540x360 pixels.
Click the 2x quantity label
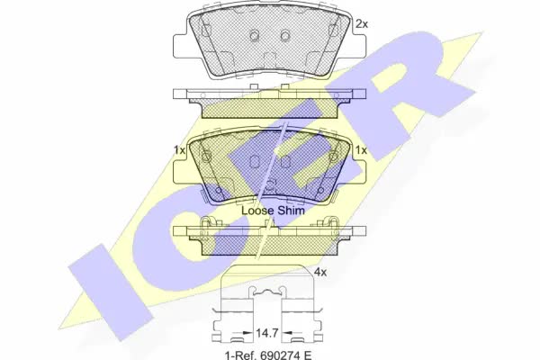362,24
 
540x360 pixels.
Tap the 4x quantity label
320,272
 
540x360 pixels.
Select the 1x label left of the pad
179,150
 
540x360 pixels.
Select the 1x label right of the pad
361,150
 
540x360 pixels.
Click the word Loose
256,211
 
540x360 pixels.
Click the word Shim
291,211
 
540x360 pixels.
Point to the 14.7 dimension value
266,333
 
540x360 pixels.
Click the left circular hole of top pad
254,35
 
